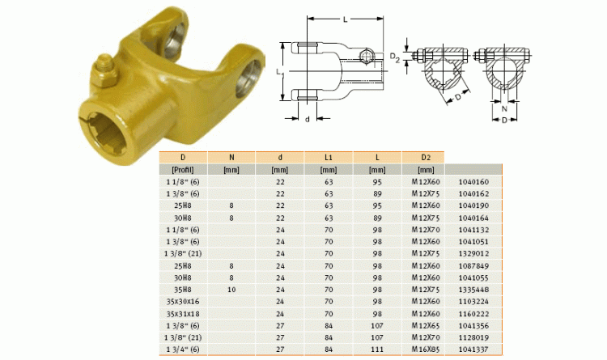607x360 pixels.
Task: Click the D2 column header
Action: (426, 157)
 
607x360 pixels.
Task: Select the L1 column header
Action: (329, 157)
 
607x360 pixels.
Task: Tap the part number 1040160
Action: (473, 181)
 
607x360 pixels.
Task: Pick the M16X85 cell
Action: (426, 349)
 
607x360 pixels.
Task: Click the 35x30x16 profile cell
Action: (183, 301)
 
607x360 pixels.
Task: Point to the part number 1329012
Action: (473, 253)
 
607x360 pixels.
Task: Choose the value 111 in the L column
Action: (377, 349)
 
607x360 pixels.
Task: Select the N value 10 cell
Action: (231, 290)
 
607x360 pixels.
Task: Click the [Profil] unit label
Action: (183, 170)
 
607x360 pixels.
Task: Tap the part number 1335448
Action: (473, 290)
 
